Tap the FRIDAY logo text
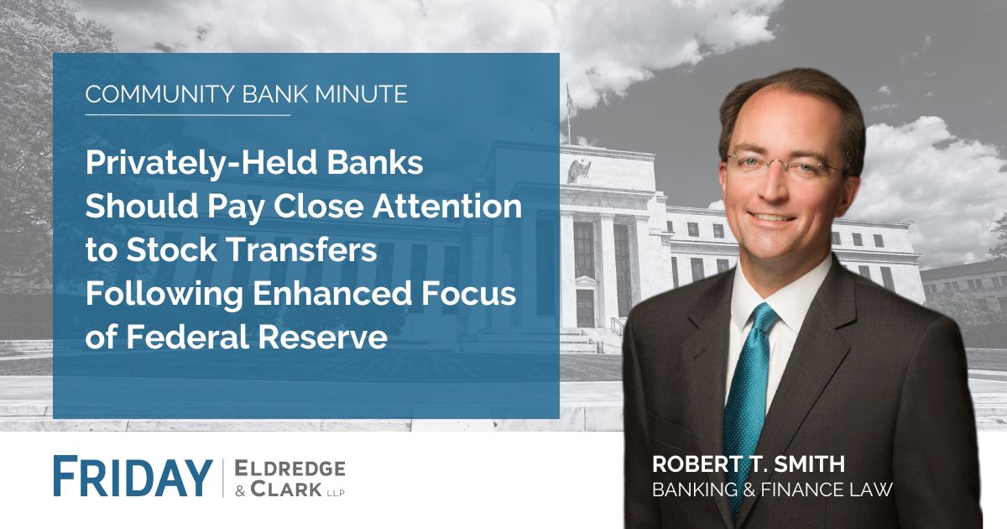click(132, 477)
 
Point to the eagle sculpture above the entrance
click(579, 170)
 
